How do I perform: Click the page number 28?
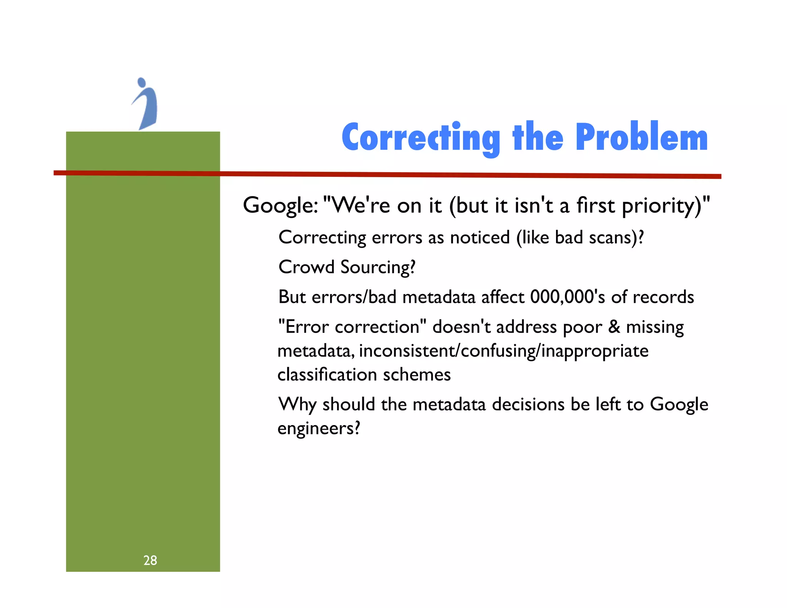pyautogui.click(x=150, y=560)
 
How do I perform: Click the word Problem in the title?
pyautogui.click(x=641, y=137)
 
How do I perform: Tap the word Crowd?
pyautogui.click(x=306, y=267)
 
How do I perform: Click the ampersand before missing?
pyautogui.click(x=614, y=327)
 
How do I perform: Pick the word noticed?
pyautogui.click(x=480, y=238)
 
